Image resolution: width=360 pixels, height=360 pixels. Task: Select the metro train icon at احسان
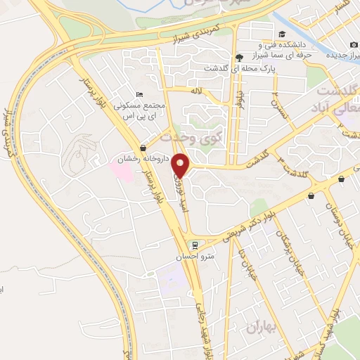pos(195,245)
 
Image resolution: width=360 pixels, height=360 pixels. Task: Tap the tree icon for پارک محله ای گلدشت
pos(239,58)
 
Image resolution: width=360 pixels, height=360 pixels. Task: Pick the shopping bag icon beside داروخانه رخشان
pos(143,148)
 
